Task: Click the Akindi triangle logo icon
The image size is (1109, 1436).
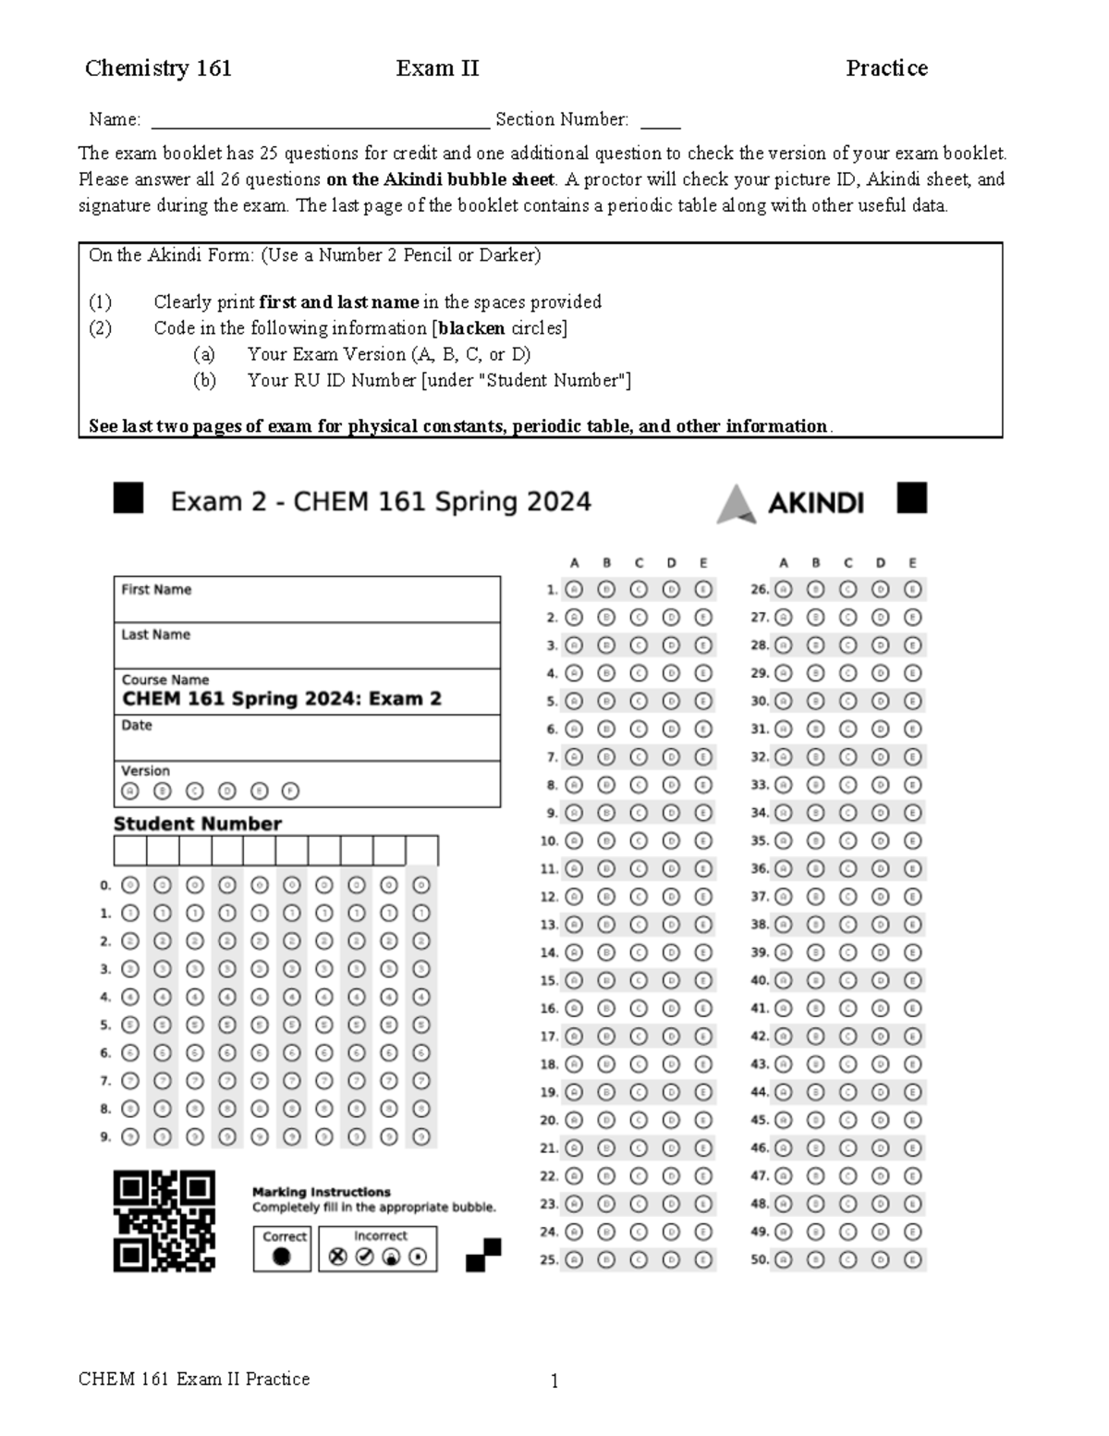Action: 737,503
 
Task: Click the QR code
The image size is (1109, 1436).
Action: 165,1221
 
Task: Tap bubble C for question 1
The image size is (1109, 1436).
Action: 639,589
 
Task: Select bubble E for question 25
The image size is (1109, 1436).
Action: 703,1259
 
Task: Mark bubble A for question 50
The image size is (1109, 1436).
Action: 784,1259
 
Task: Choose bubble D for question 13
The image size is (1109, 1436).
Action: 671,924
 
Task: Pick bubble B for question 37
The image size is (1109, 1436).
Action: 816,896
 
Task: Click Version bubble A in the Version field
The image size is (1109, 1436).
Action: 130,791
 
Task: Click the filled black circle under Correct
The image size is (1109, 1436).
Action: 282,1256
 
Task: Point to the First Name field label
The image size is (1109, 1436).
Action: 156,589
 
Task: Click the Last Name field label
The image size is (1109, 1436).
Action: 155,634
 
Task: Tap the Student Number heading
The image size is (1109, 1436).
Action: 197,823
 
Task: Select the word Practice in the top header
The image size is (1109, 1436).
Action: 886,68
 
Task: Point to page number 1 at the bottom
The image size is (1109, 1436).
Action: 554,1381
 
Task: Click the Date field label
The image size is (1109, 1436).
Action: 136,725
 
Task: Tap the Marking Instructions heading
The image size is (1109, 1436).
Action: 321,1192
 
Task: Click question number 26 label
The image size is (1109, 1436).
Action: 760,589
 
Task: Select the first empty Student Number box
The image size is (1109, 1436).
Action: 129,851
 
